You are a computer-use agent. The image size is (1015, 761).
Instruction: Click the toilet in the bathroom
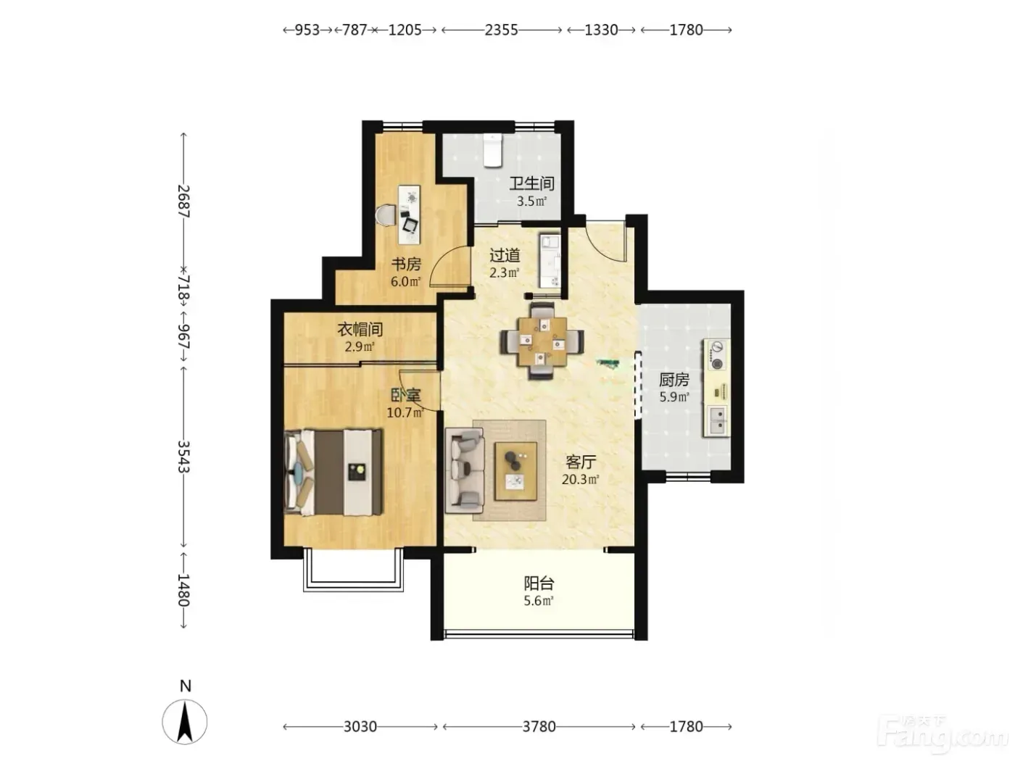(x=492, y=150)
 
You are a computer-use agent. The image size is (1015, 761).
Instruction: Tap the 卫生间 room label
(x=531, y=183)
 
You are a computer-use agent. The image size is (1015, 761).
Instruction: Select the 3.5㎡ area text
(x=531, y=201)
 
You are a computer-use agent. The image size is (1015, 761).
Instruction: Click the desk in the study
(x=409, y=215)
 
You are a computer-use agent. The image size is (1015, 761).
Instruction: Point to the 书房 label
(x=406, y=264)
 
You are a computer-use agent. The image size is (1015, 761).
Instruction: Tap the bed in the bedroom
(x=333, y=472)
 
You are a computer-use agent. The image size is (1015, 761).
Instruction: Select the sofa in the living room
(x=464, y=470)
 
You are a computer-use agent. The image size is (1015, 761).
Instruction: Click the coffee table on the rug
(x=515, y=471)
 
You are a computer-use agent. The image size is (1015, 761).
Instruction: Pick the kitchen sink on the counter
(x=716, y=420)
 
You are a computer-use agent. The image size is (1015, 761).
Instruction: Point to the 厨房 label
(x=674, y=380)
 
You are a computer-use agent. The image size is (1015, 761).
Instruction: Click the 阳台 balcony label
(x=539, y=583)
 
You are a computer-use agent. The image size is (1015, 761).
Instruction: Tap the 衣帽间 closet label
(x=360, y=329)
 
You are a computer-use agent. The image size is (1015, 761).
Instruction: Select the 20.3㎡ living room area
(x=580, y=479)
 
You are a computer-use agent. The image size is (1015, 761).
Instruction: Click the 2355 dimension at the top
(x=501, y=30)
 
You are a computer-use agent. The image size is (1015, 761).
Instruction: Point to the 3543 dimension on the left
(x=184, y=457)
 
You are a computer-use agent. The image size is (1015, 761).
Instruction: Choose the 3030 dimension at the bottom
(x=360, y=727)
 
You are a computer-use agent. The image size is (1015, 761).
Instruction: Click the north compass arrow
(x=185, y=722)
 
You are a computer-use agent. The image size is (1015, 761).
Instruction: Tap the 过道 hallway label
(x=505, y=254)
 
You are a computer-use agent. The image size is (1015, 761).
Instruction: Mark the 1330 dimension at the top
(x=601, y=30)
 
